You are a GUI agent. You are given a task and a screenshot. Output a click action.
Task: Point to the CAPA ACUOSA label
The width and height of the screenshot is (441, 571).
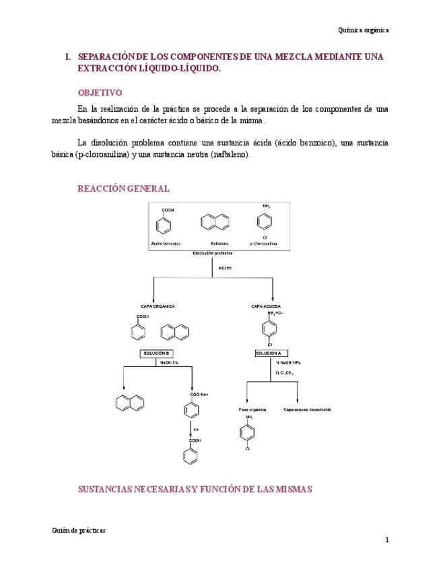266,306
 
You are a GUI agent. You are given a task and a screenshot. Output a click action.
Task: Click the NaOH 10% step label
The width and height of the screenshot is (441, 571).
287,362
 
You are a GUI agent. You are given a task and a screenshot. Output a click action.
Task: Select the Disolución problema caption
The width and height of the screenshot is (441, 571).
212,253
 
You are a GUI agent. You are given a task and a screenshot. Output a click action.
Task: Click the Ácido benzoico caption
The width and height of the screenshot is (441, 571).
166,242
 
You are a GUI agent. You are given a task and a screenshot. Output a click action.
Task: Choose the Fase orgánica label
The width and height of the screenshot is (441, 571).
252,409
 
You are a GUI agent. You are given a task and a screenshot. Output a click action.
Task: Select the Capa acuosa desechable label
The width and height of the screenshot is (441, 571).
307,409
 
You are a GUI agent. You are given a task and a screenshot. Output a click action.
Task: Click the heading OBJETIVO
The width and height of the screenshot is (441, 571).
100,93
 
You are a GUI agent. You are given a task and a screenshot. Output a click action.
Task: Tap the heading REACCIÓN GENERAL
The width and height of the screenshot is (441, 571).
124,189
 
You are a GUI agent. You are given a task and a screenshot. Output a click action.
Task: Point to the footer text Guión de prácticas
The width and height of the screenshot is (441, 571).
79,530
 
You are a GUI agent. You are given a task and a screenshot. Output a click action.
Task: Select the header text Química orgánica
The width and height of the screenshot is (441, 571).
363,30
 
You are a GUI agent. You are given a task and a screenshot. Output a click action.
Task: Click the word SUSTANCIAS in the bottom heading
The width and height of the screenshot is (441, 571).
108,490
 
